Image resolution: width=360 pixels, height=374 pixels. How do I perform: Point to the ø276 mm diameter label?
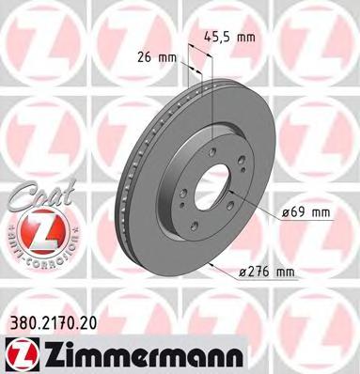(x=267, y=273)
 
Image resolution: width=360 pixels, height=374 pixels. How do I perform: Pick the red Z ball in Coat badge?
(x=30, y=228)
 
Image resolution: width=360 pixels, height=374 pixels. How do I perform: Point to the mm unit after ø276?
(x=283, y=273)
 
